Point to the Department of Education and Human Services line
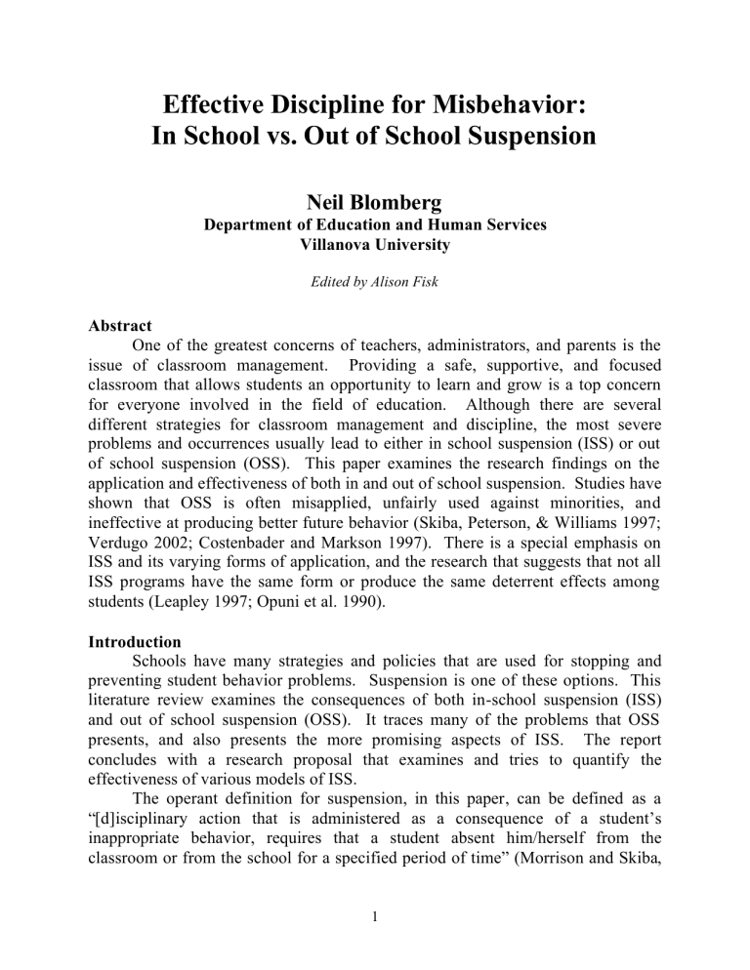click(375, 223)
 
